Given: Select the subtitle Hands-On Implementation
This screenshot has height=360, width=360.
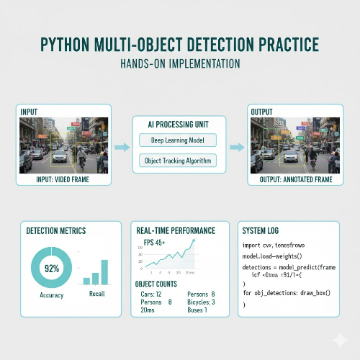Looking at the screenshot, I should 179,65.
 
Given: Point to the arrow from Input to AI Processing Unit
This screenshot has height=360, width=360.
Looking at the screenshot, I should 122,147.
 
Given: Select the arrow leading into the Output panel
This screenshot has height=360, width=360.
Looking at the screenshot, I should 235,147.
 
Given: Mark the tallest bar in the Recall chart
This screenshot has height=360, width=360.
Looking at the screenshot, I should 104,271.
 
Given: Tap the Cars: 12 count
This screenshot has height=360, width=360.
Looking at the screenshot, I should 150,294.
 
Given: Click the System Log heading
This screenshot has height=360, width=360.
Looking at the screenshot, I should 264,230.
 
